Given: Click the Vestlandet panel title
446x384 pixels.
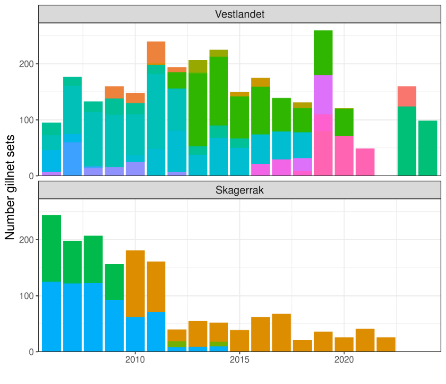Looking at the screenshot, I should [240, 14].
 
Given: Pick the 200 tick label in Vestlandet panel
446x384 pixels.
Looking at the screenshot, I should [27, 64].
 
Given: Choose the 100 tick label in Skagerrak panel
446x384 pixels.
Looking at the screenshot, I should [27, 296].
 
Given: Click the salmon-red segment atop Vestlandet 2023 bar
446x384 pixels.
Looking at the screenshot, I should [407, 96].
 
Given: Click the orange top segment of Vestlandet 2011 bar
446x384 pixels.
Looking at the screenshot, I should [156, 53].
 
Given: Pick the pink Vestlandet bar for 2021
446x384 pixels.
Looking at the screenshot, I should [365, 162].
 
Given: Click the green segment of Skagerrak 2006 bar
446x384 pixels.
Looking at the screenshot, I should [51, 248].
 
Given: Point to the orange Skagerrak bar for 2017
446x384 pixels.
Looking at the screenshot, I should [282, 333].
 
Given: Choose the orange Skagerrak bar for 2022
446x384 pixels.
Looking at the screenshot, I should [386, 344].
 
